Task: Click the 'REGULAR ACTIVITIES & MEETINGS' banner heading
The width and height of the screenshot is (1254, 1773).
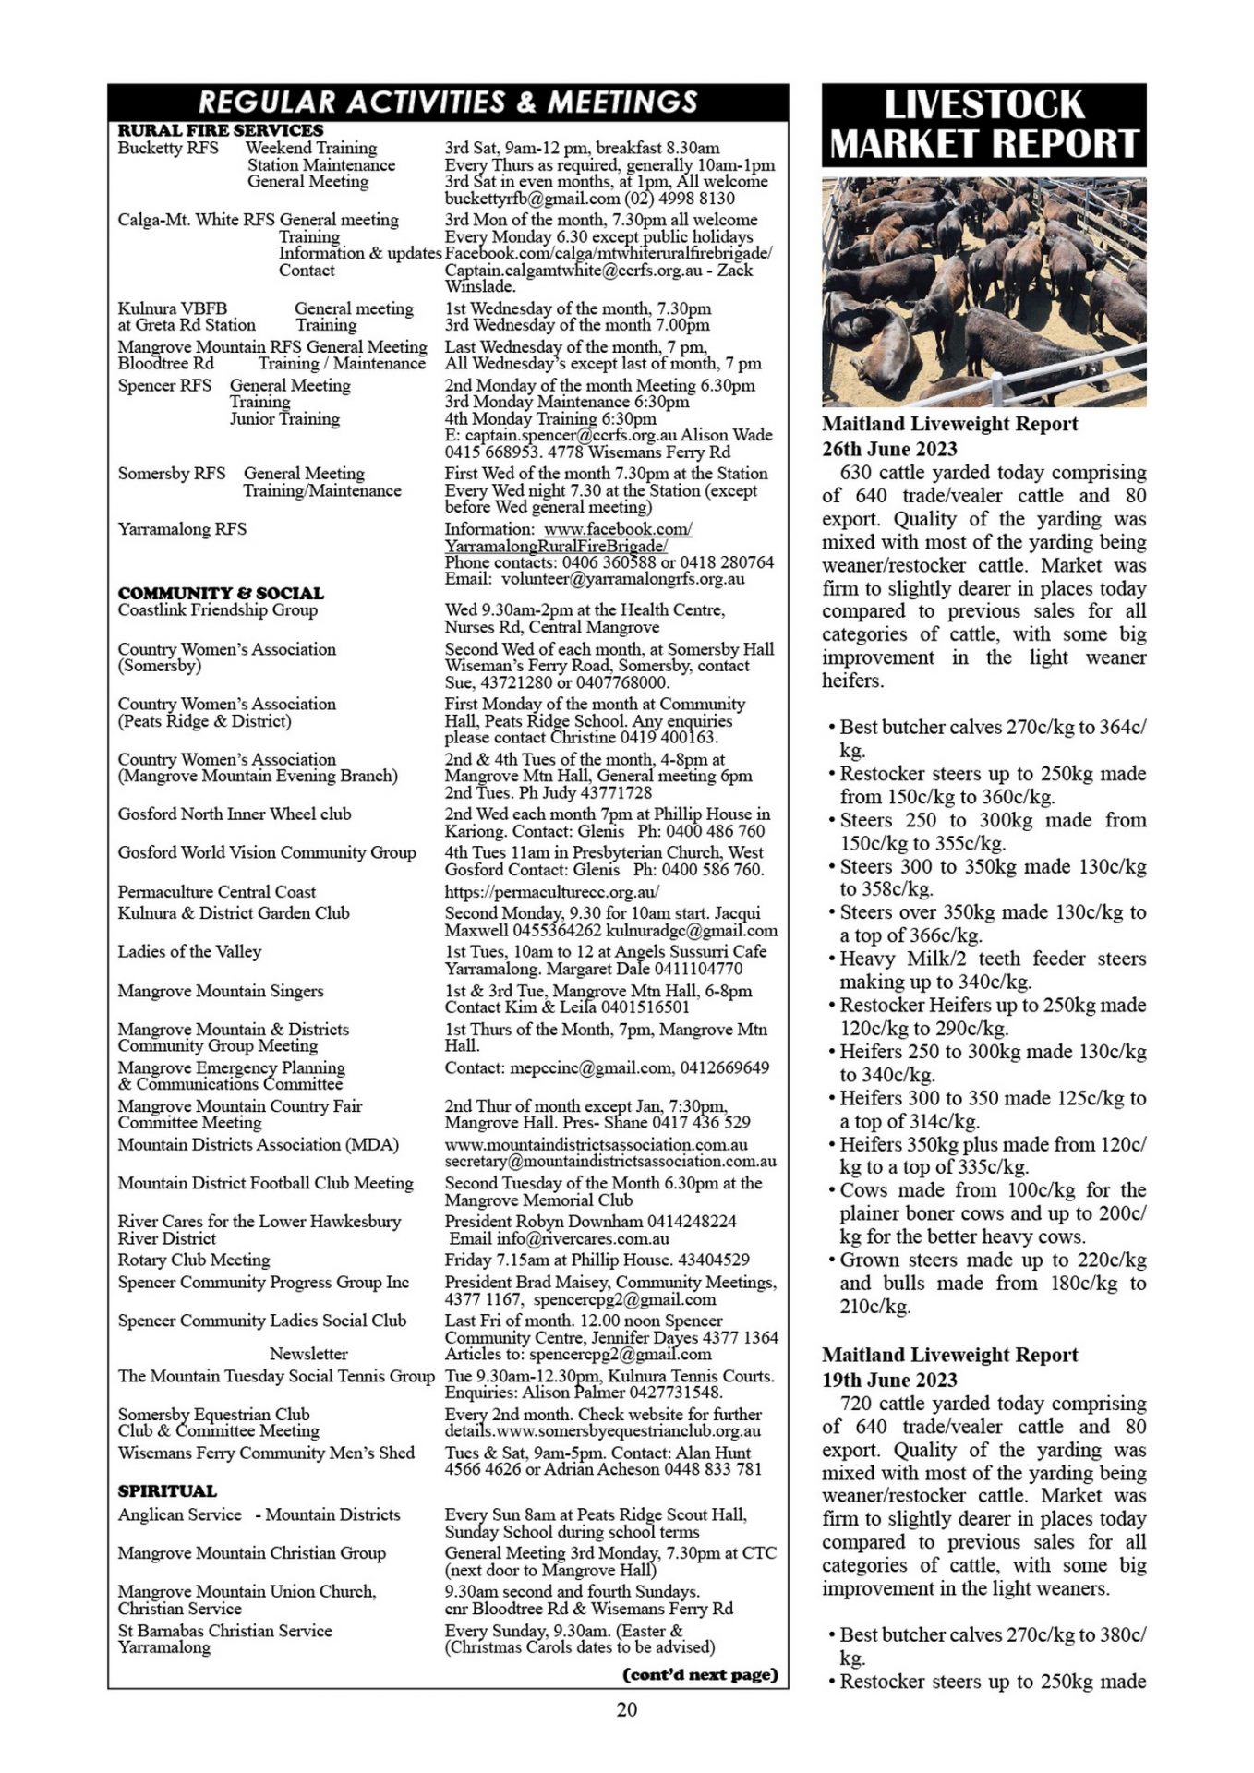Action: [x=448, y=102]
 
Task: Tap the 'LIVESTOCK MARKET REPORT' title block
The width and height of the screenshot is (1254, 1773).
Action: [x=983, y=125]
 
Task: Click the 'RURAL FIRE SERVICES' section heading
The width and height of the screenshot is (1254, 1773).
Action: [x=221, y=130]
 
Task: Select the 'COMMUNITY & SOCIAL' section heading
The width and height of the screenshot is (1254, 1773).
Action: [x=221, y=593]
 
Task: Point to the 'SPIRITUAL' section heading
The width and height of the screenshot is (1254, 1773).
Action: [x=167, y=1490]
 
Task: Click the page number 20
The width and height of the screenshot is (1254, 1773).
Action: [x=626, y=1708]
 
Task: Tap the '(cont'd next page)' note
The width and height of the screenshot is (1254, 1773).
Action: [x=701, y=1674]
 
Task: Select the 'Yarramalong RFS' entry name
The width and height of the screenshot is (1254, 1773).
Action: [x=182, y=529]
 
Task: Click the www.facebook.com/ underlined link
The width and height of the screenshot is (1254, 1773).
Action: [x=618, y=529]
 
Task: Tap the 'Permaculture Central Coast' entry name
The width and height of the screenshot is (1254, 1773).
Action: [x=216, y=892]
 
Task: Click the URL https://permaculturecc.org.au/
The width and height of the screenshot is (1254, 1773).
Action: [x=552, y=892]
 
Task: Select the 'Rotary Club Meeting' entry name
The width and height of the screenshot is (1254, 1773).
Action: [x=194, y=1260]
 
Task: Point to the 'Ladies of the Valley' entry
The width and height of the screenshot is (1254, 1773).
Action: [x=189, y=951]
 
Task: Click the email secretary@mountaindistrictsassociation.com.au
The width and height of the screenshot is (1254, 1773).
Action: [x=610, y=1161]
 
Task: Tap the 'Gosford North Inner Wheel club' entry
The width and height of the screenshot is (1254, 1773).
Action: [x=235, y=814]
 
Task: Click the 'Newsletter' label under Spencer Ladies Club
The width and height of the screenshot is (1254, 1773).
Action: [x=308, y=1354]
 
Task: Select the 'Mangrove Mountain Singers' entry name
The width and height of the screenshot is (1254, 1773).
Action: [x=221, y=991]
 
